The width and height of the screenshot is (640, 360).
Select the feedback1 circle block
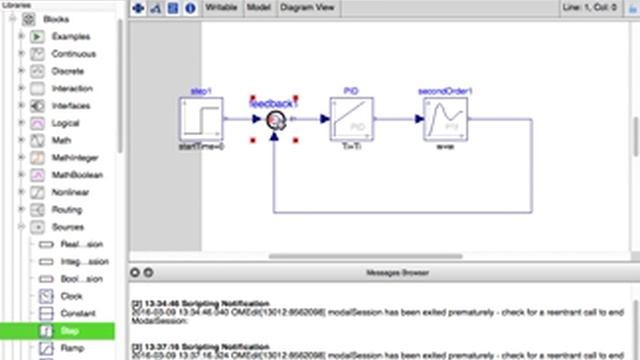click(275, 120)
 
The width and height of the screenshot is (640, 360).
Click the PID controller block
click(351, 119)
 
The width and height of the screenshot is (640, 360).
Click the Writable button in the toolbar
click(222, 7)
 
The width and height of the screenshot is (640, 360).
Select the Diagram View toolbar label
click(306, 7)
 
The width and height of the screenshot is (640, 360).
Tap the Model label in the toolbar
click(259, 7)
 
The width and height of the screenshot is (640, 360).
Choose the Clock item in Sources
click(72, 296)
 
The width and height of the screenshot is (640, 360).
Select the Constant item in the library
click(78, 313)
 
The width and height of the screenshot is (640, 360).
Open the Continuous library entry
click(74, 54)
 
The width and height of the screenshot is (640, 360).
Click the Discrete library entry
click(69, 71)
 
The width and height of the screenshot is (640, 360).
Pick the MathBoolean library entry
click(76, 175)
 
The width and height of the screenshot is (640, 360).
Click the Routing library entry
click(68, 210)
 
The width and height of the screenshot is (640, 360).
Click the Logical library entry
click(68, 123)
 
